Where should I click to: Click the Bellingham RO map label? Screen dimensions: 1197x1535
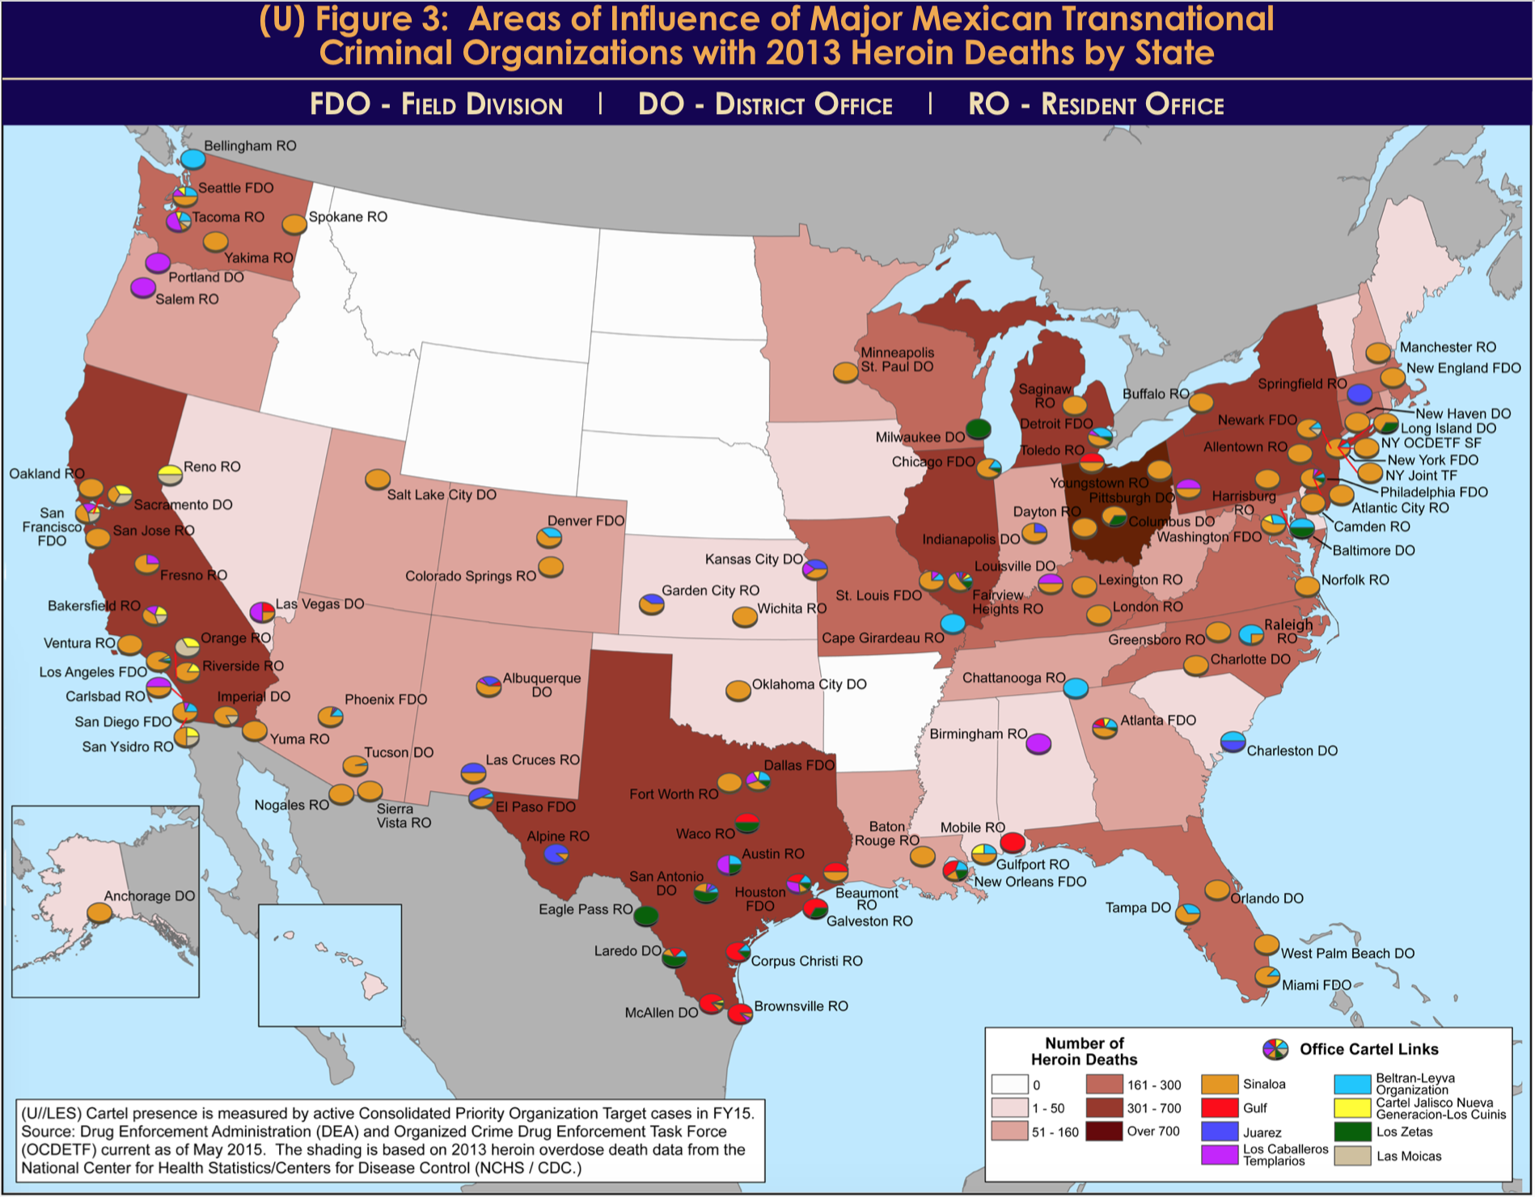click(x=250, y=146)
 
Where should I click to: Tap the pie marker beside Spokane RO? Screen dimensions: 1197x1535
click(x=294, y=223)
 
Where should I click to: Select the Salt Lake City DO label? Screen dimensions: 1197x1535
click(x=442, y=495)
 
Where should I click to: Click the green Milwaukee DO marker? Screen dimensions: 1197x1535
click(x=978, y=428)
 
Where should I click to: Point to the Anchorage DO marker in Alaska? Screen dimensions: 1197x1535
click(x=99, y=912)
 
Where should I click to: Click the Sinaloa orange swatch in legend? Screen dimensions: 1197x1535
click(x=1220, y=1085)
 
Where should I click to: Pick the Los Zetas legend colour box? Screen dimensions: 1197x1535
click(x=1352, y=1132)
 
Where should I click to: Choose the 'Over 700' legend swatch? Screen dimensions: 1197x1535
click(x=1104, y=1131)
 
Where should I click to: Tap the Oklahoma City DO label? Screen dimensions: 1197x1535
click(x=809, y=684)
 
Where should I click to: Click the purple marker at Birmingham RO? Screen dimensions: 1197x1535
click(x=1038, y=743)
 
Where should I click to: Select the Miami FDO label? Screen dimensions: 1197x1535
click(x=1317, y=985)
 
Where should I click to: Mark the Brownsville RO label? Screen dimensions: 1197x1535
click(x=801, y=1006)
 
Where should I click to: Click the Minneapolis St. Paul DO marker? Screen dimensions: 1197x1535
click(x=845, y=372)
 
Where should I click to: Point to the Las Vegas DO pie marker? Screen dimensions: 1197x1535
click(x=262, y=611)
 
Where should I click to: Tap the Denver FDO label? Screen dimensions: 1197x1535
click(x=586, y=521)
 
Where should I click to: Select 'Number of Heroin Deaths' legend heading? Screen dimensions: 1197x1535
click(x=1084, y=1051)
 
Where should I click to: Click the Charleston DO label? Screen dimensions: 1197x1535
click(x=1292, y=751)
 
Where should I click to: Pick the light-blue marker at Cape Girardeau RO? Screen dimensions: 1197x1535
click(x=953, y=624)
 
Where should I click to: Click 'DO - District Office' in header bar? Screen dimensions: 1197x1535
click(x=765, y=104)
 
